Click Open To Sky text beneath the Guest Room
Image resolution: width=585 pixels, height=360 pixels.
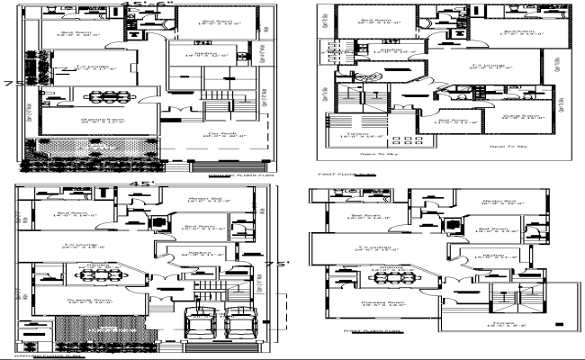(508, 144)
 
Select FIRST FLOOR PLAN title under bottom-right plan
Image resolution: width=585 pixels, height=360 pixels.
(365, 331)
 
